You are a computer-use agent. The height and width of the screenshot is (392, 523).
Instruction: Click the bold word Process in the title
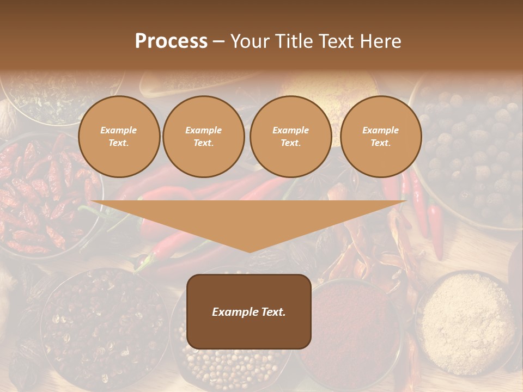[x=171, y=41]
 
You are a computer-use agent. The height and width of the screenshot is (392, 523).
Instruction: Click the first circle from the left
[x=119, y=137]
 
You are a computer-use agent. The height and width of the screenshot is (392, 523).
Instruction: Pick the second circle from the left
[x=204, y=137]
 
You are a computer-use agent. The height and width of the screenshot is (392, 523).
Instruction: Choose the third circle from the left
[x=290, y=137]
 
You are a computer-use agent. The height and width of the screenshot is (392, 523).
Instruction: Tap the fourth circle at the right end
[x=381, y=137]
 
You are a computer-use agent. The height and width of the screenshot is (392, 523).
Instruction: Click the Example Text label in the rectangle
[x=249, y=312]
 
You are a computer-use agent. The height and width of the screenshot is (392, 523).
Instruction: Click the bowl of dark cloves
[x=104, y=327]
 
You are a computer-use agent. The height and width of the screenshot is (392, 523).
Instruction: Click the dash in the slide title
[x=219, y=41]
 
